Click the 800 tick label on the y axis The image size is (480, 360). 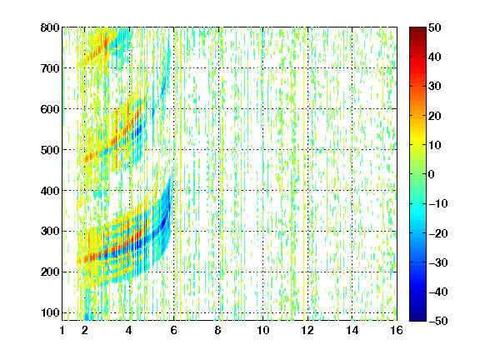50,27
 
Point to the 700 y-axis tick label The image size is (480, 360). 50,68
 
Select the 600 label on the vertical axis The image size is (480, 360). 50,109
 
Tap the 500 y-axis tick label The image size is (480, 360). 50,150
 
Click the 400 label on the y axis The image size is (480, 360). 50,191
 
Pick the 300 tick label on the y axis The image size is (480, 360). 50,231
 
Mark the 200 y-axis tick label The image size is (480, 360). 50,272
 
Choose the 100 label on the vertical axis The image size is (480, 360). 50,312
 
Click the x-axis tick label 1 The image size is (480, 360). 62,330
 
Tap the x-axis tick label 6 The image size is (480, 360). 173,330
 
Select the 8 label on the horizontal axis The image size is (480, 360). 217,330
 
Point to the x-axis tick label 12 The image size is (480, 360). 307,330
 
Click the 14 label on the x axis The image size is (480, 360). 352,330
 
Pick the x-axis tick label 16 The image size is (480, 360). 397,330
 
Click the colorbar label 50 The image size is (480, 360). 435,27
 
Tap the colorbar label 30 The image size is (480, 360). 435,86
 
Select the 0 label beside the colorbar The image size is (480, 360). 432,174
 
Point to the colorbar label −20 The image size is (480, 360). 438,233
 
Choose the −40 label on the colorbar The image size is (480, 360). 438,292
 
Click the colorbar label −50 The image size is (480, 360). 438,321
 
